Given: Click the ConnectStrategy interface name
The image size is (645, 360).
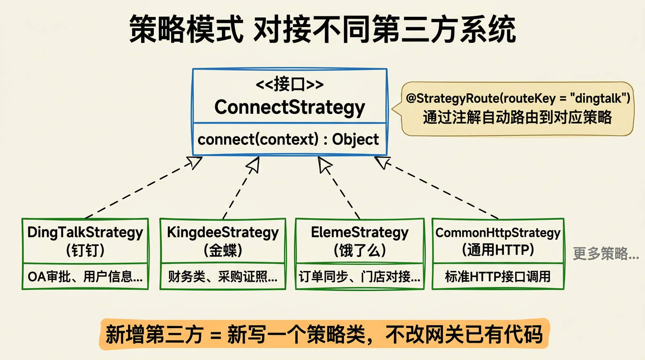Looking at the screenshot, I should tap(289, 107).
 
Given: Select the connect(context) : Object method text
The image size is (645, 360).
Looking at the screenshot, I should tap(288, 139).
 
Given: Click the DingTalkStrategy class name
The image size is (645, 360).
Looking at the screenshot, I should tap(85, 232).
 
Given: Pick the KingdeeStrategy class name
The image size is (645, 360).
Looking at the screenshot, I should tap(223, 232).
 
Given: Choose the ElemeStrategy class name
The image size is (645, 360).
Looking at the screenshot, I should tap(360, 232).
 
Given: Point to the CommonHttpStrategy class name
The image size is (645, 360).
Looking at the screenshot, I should tap(498, 232).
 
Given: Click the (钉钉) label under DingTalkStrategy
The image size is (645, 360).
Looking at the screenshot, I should tap(85, 250).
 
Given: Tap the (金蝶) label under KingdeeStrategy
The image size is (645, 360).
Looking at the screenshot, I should tap(223, 250).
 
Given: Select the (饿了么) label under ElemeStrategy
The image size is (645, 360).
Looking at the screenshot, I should tap(360, 250).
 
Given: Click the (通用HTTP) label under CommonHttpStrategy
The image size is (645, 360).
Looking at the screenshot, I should tap(498, 250).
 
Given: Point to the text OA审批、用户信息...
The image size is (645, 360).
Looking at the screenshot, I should tap(85, 277).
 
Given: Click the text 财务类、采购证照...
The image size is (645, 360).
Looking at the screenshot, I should tap(223, 277).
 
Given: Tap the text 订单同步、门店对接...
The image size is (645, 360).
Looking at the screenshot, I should tap(360, 277).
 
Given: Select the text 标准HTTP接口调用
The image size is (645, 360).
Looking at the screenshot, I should tap(498, 277).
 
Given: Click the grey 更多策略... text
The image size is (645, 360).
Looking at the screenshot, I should tap(606, 254).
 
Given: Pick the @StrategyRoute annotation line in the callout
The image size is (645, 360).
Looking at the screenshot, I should tap(518, 99).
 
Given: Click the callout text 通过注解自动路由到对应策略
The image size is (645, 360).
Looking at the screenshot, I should tap(517, 117).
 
